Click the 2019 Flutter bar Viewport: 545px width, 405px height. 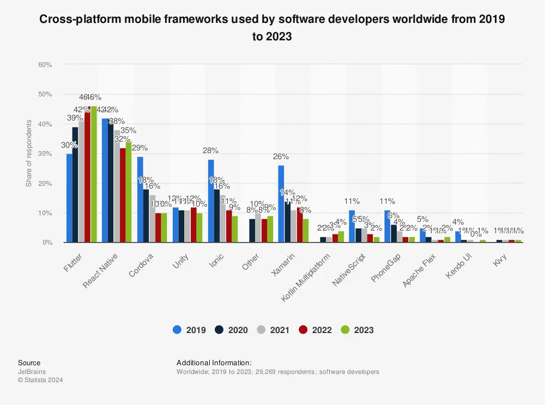point(69,198)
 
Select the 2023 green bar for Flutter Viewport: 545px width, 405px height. point(93,174)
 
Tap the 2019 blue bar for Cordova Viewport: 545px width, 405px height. point(140,200)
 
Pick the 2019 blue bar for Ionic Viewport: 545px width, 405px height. point(210,201)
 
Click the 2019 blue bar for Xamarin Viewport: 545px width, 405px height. point(281,204)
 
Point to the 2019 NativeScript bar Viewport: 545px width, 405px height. point(352,226)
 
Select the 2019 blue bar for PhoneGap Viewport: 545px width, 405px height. point(387,226)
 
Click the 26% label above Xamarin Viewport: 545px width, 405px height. point(281,157)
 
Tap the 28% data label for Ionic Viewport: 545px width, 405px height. point(210,151)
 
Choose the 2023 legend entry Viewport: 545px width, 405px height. point(358,330)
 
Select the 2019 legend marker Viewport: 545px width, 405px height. point(177,330)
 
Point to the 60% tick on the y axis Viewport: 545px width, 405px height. point(45,65)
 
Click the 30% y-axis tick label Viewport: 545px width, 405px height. point(45,154)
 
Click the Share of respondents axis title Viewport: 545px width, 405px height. point(28,153)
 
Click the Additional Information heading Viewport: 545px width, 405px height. point(214,362)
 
